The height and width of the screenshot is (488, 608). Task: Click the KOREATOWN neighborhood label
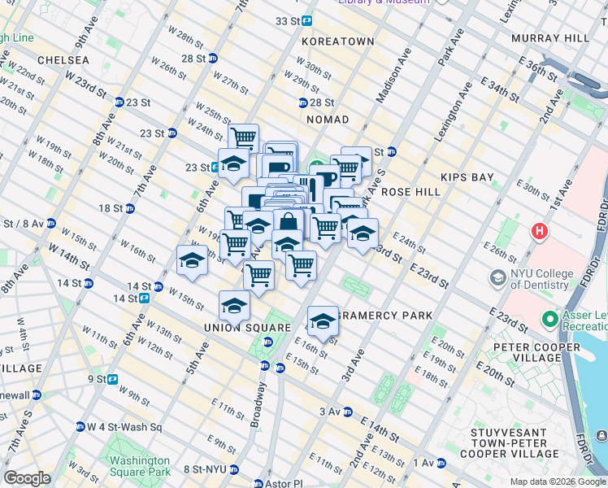click(x=337, y=41)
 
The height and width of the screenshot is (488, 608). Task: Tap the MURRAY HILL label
click(x=549, y=38)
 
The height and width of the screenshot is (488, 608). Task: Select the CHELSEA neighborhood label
click(x=62, y=61)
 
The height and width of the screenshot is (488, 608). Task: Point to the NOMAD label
click(x=327, y=120)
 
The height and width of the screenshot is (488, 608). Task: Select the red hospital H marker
click(x=537, y=232)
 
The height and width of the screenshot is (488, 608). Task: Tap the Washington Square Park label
click(x=140, y=465)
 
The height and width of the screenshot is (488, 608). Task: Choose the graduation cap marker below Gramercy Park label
click(x=323, y=320)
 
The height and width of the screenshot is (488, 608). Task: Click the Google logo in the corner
click(x=27, y=478)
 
